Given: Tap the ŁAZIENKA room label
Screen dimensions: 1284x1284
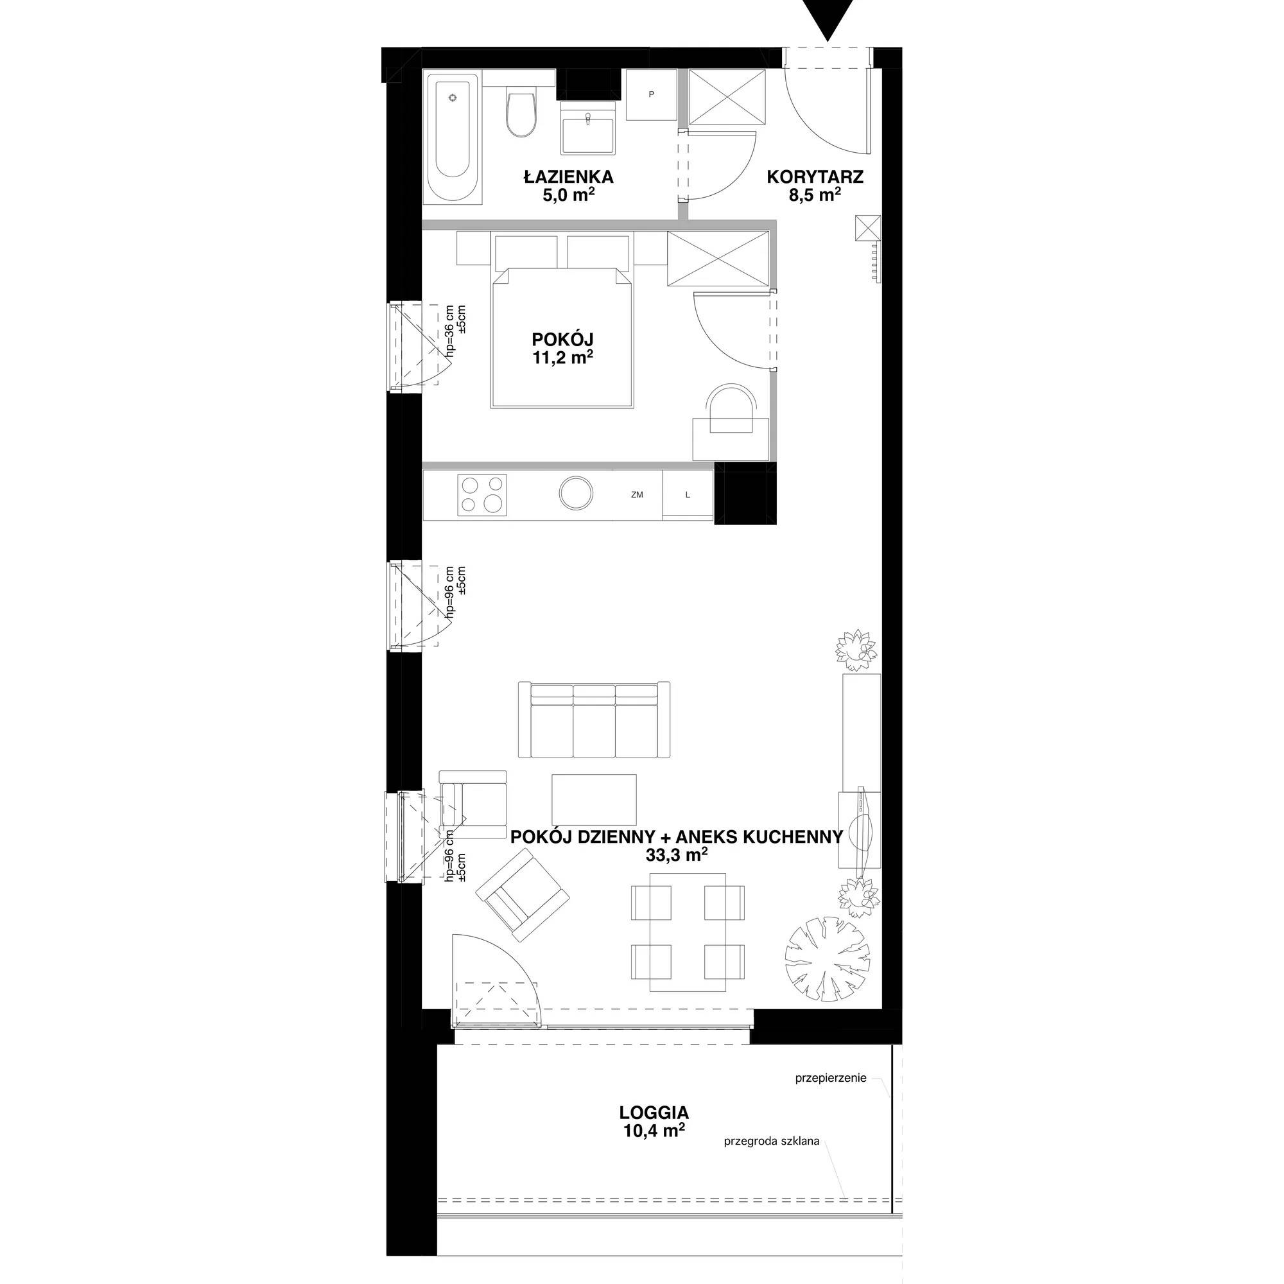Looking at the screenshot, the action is [x=568, y=177].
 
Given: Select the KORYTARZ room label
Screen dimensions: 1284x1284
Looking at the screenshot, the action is [x=815, y=177].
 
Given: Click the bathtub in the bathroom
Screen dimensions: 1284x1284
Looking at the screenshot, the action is [x=453, y=138].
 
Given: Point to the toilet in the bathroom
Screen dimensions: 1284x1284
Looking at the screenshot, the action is [x=521, y=113].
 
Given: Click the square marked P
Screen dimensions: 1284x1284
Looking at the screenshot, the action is [x=651, y=95].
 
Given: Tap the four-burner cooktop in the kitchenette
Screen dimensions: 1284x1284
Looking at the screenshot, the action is [x=483, y=495].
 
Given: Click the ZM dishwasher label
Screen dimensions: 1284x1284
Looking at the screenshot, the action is [x=638, y=495].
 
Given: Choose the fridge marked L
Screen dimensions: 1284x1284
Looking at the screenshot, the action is [x=688, y=494].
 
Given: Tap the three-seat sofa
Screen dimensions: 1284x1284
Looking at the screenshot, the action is [x=593, y=720].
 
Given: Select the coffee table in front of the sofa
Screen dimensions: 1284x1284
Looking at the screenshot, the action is [x=593, y=799].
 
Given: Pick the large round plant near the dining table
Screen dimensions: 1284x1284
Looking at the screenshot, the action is [x=828, y=957].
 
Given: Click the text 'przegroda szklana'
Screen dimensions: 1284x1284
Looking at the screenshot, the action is [x=772, y=1141].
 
